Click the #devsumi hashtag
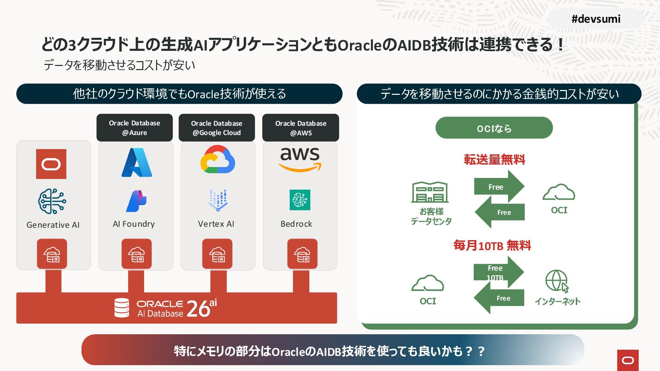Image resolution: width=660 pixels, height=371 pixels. pos(596,19)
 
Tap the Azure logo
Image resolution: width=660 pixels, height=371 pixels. pos(136,162)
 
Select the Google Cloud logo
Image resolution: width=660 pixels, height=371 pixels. pos(218,159)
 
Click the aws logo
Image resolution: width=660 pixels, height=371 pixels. pos(300,159)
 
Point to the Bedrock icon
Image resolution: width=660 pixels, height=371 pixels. pos(300,200)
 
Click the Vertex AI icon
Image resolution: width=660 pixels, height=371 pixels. pos(218,200)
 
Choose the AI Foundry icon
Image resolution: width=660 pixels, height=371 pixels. pos(136,201)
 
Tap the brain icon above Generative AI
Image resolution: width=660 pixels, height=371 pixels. pos(52,201)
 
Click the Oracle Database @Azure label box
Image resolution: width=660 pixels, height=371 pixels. pos(134,128)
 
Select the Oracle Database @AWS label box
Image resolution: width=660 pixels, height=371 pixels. pos(300,128)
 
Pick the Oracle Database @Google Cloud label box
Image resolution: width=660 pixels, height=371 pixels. pos(217,128)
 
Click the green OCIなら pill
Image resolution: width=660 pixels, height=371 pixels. pos(494,128)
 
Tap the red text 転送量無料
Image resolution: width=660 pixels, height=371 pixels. pos(494,160)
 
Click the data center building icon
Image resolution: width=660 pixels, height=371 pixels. pos(430,192)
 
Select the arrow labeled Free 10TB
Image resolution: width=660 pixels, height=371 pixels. pos(498,272)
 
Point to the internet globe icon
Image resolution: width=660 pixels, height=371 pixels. pos(557,281)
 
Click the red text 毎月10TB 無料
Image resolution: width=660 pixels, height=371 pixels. pos(492,246)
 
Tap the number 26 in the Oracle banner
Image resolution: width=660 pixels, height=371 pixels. pos(198,308)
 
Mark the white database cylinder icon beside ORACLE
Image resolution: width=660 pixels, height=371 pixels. pos(122,307)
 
